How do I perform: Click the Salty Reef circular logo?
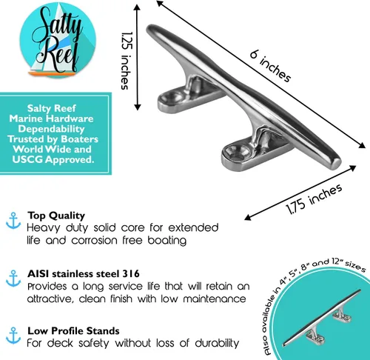(x=58, y=40)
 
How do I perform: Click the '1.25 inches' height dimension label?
(x=127, y=61)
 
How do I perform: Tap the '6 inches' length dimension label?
(x=270, y=66)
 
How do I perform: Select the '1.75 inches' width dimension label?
(x=314, y=199)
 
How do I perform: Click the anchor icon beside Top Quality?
(x=13, y=221)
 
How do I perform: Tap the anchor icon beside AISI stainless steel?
(x=13, y=279)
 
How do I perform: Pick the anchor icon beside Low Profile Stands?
(x=13, y=336)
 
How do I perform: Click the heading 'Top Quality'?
(x=56, y=216)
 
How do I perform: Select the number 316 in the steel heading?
(x=131, y=273)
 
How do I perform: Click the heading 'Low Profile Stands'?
(x=73, y=331)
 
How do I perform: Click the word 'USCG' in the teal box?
(x=27, y=159)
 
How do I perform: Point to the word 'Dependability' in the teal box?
(x=52, y=129)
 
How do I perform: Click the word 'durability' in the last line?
(x=217, y=343)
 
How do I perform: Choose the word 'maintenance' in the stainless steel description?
(x=215, y=299)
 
